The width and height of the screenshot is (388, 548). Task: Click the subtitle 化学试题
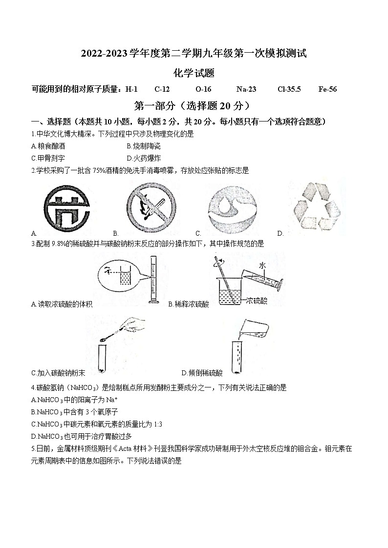click(x=194, y=73)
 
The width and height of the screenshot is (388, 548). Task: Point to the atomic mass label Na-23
click(x=246, y=89)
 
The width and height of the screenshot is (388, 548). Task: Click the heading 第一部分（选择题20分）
click(x=194, y=105)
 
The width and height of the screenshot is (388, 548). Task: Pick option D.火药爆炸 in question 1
click(x=143, y=158)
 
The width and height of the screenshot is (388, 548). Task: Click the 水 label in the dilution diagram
click(x=262, y=265)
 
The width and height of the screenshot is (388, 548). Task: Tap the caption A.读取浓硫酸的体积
click(x=62, y=304)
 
